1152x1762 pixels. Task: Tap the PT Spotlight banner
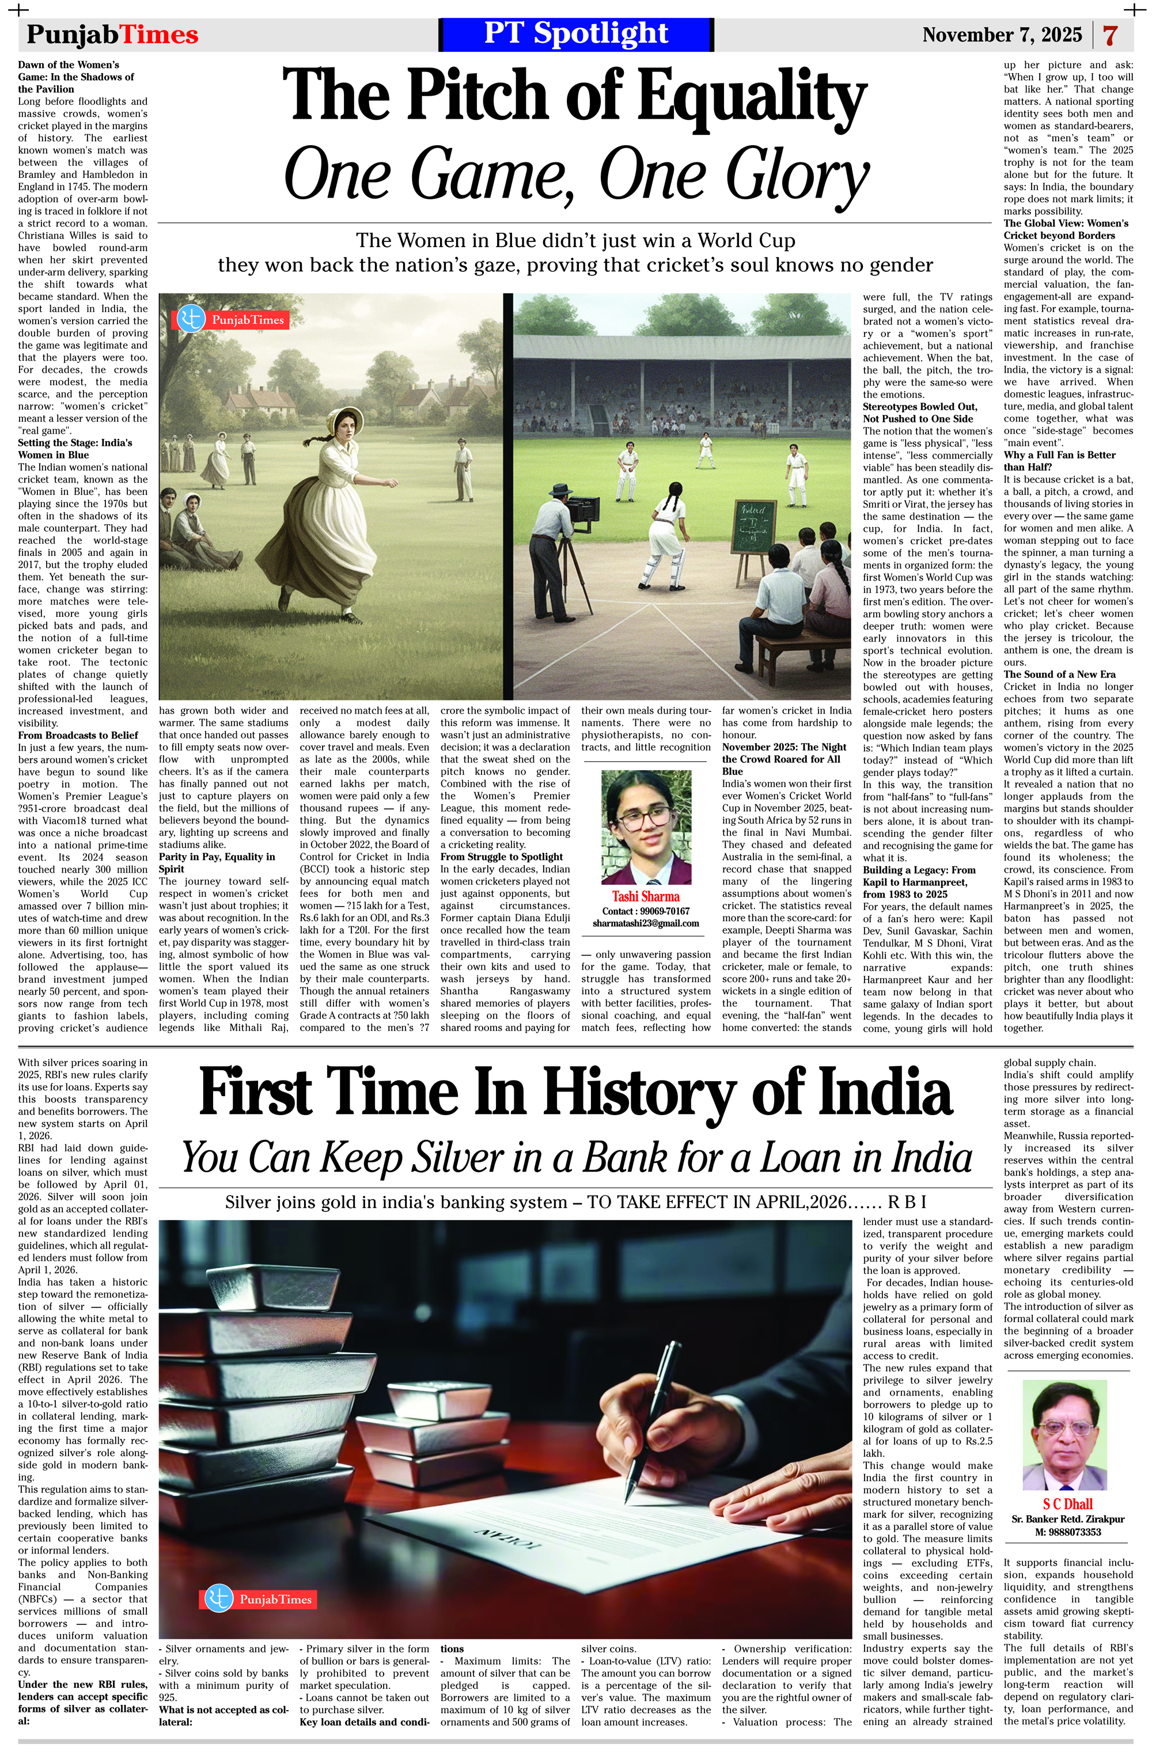click(x=575, y=34)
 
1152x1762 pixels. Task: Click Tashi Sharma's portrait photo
click(x=646, y=827)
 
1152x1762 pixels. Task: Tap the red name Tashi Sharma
click(x=646, y=896)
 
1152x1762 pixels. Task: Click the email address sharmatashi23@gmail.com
click(x=646, y=923)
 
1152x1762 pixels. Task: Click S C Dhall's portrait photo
click(x=1066, y=1435)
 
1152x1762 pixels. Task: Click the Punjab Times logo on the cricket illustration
click(x=230, y=320)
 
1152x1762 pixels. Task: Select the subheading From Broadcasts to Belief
click(x=78, y=735)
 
